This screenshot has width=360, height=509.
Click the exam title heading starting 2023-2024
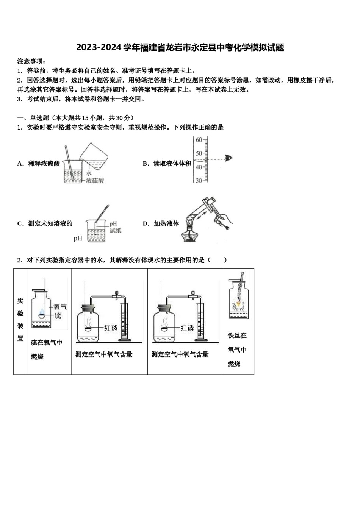click(x=180, y=48)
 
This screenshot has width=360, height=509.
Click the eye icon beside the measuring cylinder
click(x=228, y=158)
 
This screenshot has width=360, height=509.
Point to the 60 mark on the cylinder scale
click(x=199, y=140)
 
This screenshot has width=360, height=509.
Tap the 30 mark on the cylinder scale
click(x=199, y=181)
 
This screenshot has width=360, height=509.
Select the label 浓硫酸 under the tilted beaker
click(x=95, y=181)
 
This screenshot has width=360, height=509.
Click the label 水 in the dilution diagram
click(x=89, y=173)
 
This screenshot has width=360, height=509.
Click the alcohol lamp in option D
click(x=189, y=235)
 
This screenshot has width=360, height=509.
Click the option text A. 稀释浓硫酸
click(x=39, y=164)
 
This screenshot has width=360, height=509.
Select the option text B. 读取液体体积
click(x=167, y=164)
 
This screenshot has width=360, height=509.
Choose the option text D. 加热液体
click(x=161, y=224)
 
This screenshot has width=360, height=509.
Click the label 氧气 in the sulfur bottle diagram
click(x=60, y=307)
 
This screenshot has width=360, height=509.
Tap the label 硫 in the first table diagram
click(x=58, y=315)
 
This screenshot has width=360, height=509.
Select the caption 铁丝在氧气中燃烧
click(x=237, y=349)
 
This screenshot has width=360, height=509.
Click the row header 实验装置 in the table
click(x=20, y=320)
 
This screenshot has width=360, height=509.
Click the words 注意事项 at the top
click(x=31, y=61)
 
